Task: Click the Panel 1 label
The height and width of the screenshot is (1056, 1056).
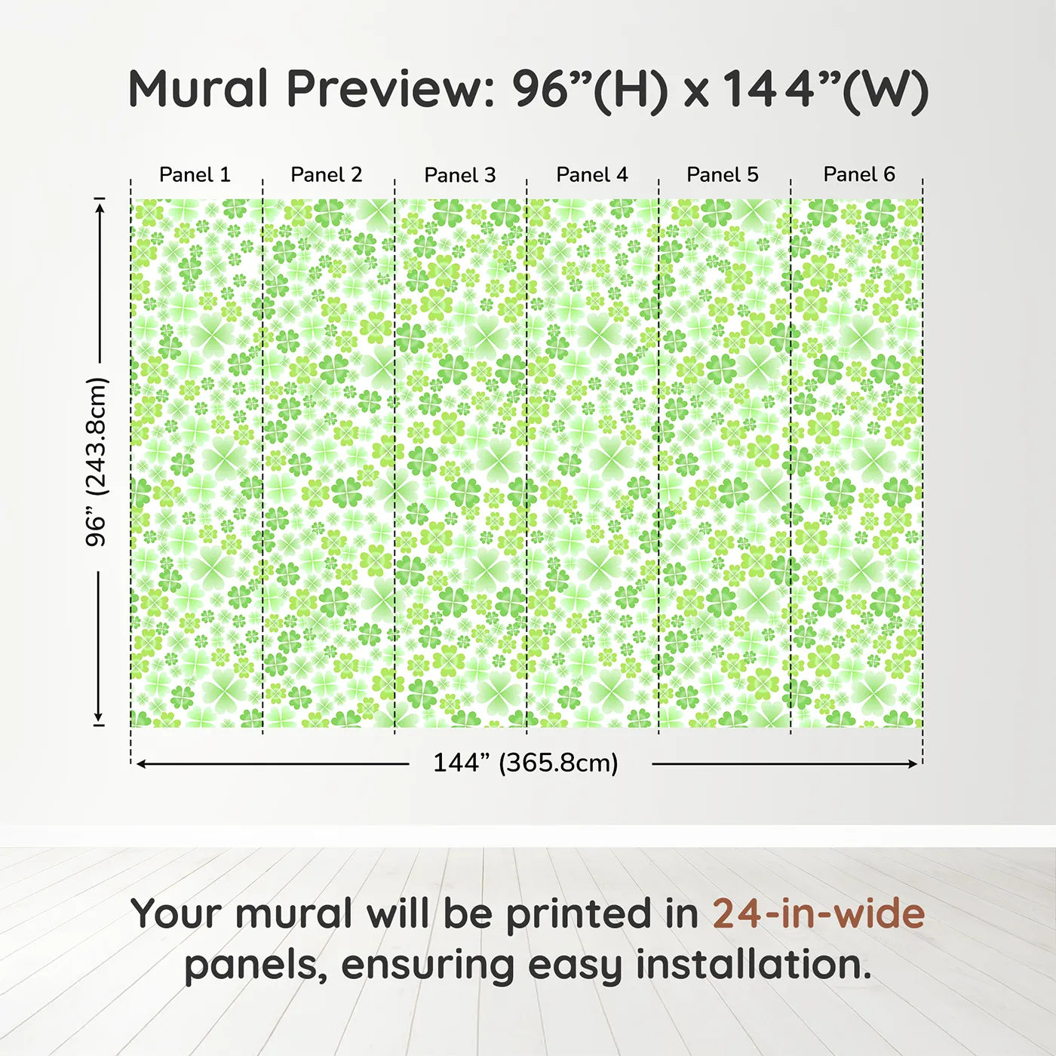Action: pyautogui.click(x=195, y=175)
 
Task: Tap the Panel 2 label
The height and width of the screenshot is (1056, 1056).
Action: pyautogui.click(x=327, y=175)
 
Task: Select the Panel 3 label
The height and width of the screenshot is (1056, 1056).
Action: pyautogui.click(x=460, y=175)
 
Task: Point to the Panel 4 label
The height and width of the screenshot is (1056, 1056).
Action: pyautogui.click(x=592, y=175)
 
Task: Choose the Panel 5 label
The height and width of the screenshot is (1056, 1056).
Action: pyautogui.click(x=723, y=175)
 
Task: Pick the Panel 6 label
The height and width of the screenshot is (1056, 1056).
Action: pyautogui.click(x=859, y=175)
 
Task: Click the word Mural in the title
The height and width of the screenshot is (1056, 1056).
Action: pyautogui.click(x=198, y=89)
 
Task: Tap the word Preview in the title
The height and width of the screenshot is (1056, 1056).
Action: pyautogui.click(x=389, y=89)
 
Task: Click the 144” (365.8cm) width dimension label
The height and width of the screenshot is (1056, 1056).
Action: pyautogui.click(x=526, y=763)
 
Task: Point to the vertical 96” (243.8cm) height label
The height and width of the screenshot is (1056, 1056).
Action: pyautogui.click(x=97, y=462)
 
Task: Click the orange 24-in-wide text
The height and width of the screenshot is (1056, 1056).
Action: pyautogui.click(x=818, y=913)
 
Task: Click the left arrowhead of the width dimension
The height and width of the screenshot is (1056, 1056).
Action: pyautogui.click(x=140, y=764)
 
